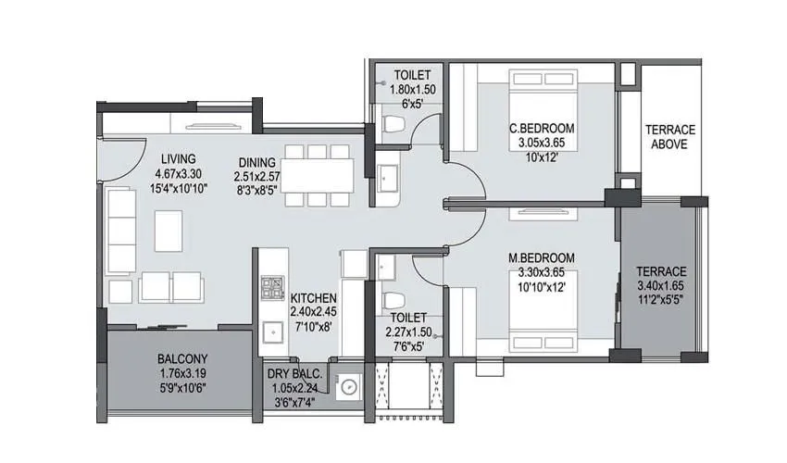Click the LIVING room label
pyautogui.click(x=176, y=158)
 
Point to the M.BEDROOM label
pyautogui.click(x=542, y=257)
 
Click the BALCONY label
pyautogui.click(x=181, y=359)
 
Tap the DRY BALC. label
pyautogui.click(x=294, y=373)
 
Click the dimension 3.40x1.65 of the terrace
pyautogui.click(x=661, y=285)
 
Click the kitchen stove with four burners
pyautogui.click(x=272, y=286)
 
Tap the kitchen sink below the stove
pyautogui.click(x=272, y=329)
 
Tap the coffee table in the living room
pyautogui.click(x=169, y=231)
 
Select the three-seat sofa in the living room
pyautogui.click(x=120, y=231)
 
